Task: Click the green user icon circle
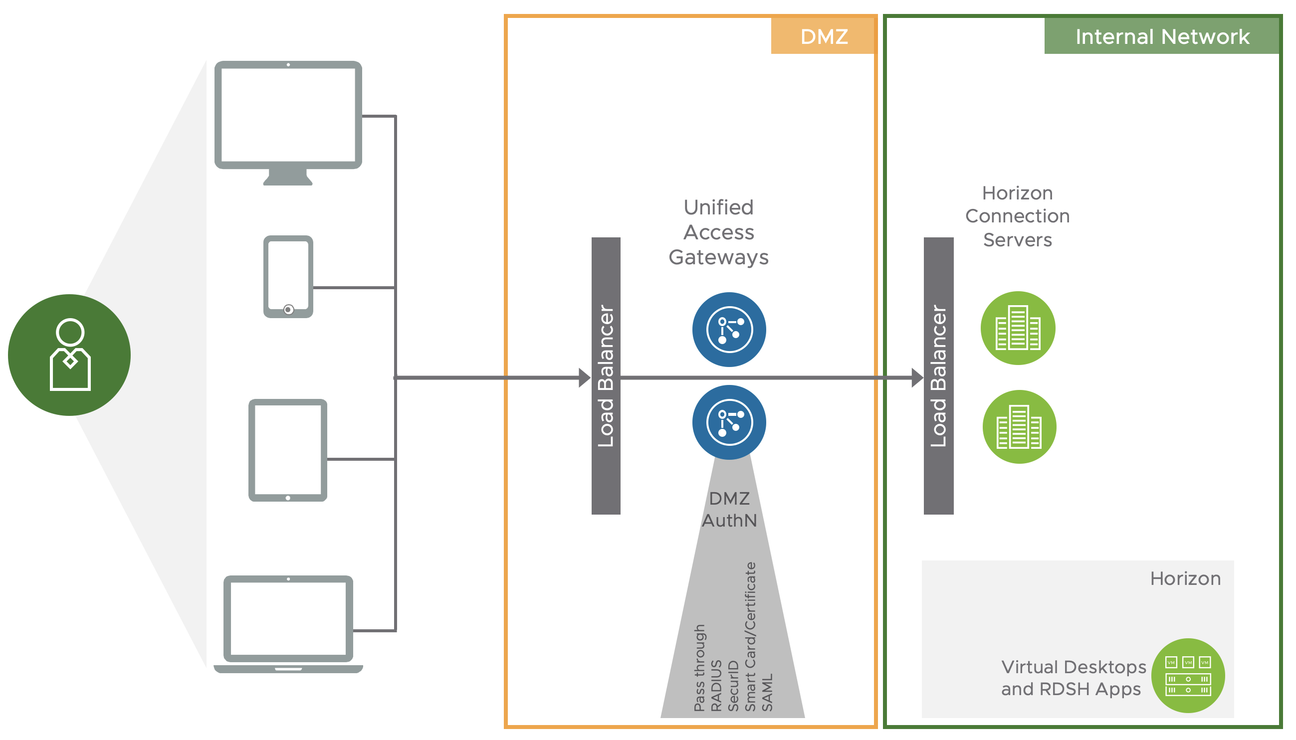coord(69,355)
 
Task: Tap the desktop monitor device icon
coord(288,122)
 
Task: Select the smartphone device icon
coord(288,276)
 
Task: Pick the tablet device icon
coord(288,450)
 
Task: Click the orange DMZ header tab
coord(823,36)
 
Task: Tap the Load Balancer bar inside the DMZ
coord(606,375)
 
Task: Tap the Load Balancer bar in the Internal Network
coord(938,375)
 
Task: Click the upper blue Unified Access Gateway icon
coord(729,329)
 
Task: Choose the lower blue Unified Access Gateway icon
coord(729,422)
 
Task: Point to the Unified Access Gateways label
coord(718,232)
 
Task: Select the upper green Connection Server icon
coord(1017,328)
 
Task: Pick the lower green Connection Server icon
coord(1019,426)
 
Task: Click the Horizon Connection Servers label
coord(1017,216)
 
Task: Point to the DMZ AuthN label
coord(729,509)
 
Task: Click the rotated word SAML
coord(767,692)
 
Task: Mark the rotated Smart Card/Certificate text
coord(750,636)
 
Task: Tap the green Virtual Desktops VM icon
coord(1187,676)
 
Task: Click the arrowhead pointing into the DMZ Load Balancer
coord(584,377)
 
